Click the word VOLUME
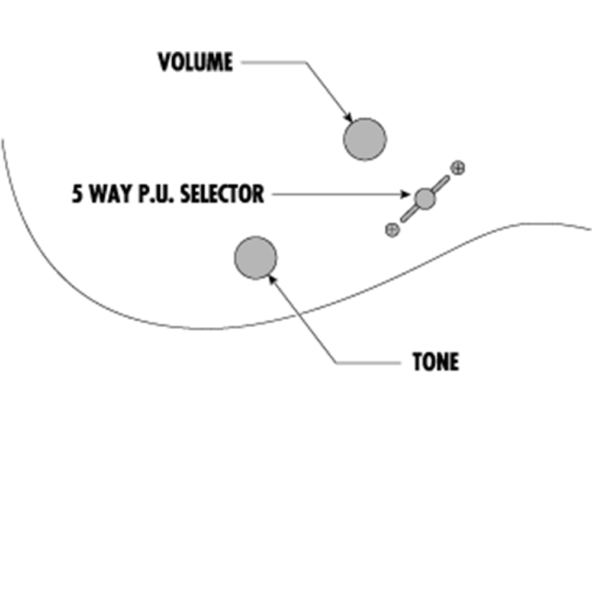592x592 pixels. click(195, 62)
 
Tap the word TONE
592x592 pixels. click(436, 362)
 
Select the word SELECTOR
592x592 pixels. click(222, 194)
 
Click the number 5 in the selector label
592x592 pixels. click(76, 194)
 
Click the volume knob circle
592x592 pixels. click(365, 139)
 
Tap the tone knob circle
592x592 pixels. click(256, 258)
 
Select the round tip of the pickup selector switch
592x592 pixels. click(424, 198)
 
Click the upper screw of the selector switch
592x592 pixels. click(458, 168)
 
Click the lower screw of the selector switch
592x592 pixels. click(392, 230)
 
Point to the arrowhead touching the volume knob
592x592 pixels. click(349, 118)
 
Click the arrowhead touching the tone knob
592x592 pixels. click(272, 279)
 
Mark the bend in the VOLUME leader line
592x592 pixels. click(305, 62)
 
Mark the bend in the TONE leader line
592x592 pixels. click(336, 363)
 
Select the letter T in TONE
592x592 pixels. click(417, 362)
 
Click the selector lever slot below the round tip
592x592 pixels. click(408, 214)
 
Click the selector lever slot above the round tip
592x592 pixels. click(441, 184)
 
